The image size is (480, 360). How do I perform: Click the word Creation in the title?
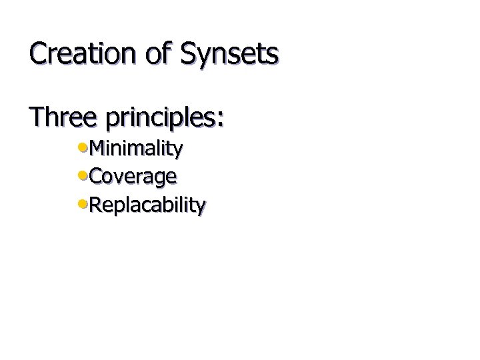coord(84,53)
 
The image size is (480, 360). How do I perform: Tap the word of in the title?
coord(159,53)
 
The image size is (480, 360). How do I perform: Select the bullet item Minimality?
coord(135,148)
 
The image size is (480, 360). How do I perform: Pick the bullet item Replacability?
coord(147,205)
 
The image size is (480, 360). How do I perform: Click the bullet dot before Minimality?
coord(83,146)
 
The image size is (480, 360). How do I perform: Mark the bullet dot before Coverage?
coord(83,174)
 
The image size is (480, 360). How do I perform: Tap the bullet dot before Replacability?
coord(83,202)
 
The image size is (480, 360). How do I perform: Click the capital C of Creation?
coord(39,53)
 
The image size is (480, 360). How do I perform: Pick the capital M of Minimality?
coord(97,148)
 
